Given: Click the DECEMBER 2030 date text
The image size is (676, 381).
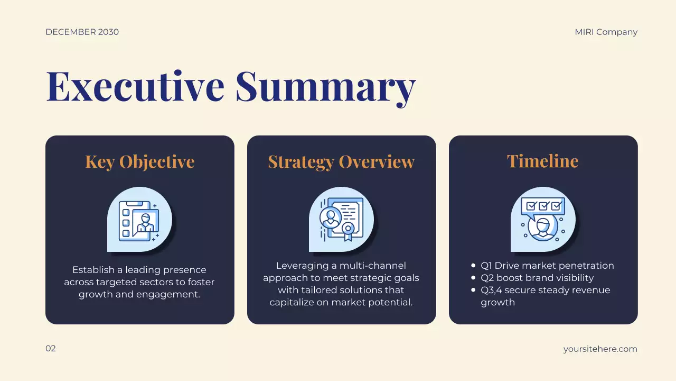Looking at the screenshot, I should tap(82, 32).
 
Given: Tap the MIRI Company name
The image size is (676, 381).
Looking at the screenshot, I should tap(606, 32).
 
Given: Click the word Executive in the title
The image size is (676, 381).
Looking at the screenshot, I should tap(135, 86).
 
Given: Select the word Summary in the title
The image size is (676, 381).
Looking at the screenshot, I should tap(325, 86).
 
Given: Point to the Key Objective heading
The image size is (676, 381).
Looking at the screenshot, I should tap(139, 161).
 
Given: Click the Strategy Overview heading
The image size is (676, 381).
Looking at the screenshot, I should tap(341, 161).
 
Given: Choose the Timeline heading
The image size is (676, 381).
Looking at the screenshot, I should tap(542, 161).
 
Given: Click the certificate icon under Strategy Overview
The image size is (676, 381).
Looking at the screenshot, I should tap(341, 219).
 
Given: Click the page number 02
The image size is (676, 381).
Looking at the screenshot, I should tap(51, 348).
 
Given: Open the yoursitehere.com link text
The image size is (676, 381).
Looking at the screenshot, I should tap(600, 349).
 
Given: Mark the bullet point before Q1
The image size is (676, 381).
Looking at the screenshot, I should tap(473, 266).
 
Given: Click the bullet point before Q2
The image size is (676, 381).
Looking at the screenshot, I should tap(473, 278).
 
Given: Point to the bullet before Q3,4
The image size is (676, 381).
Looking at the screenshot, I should tap(473, 290).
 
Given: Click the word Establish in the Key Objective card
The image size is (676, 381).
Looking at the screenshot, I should tap(92, 270).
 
